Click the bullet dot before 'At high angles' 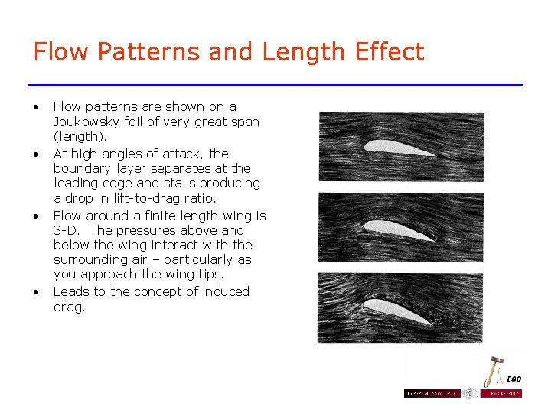(36, 154)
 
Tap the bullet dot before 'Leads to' (36, 292)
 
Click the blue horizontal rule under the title (275, 85)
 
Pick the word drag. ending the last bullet (70, 307)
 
